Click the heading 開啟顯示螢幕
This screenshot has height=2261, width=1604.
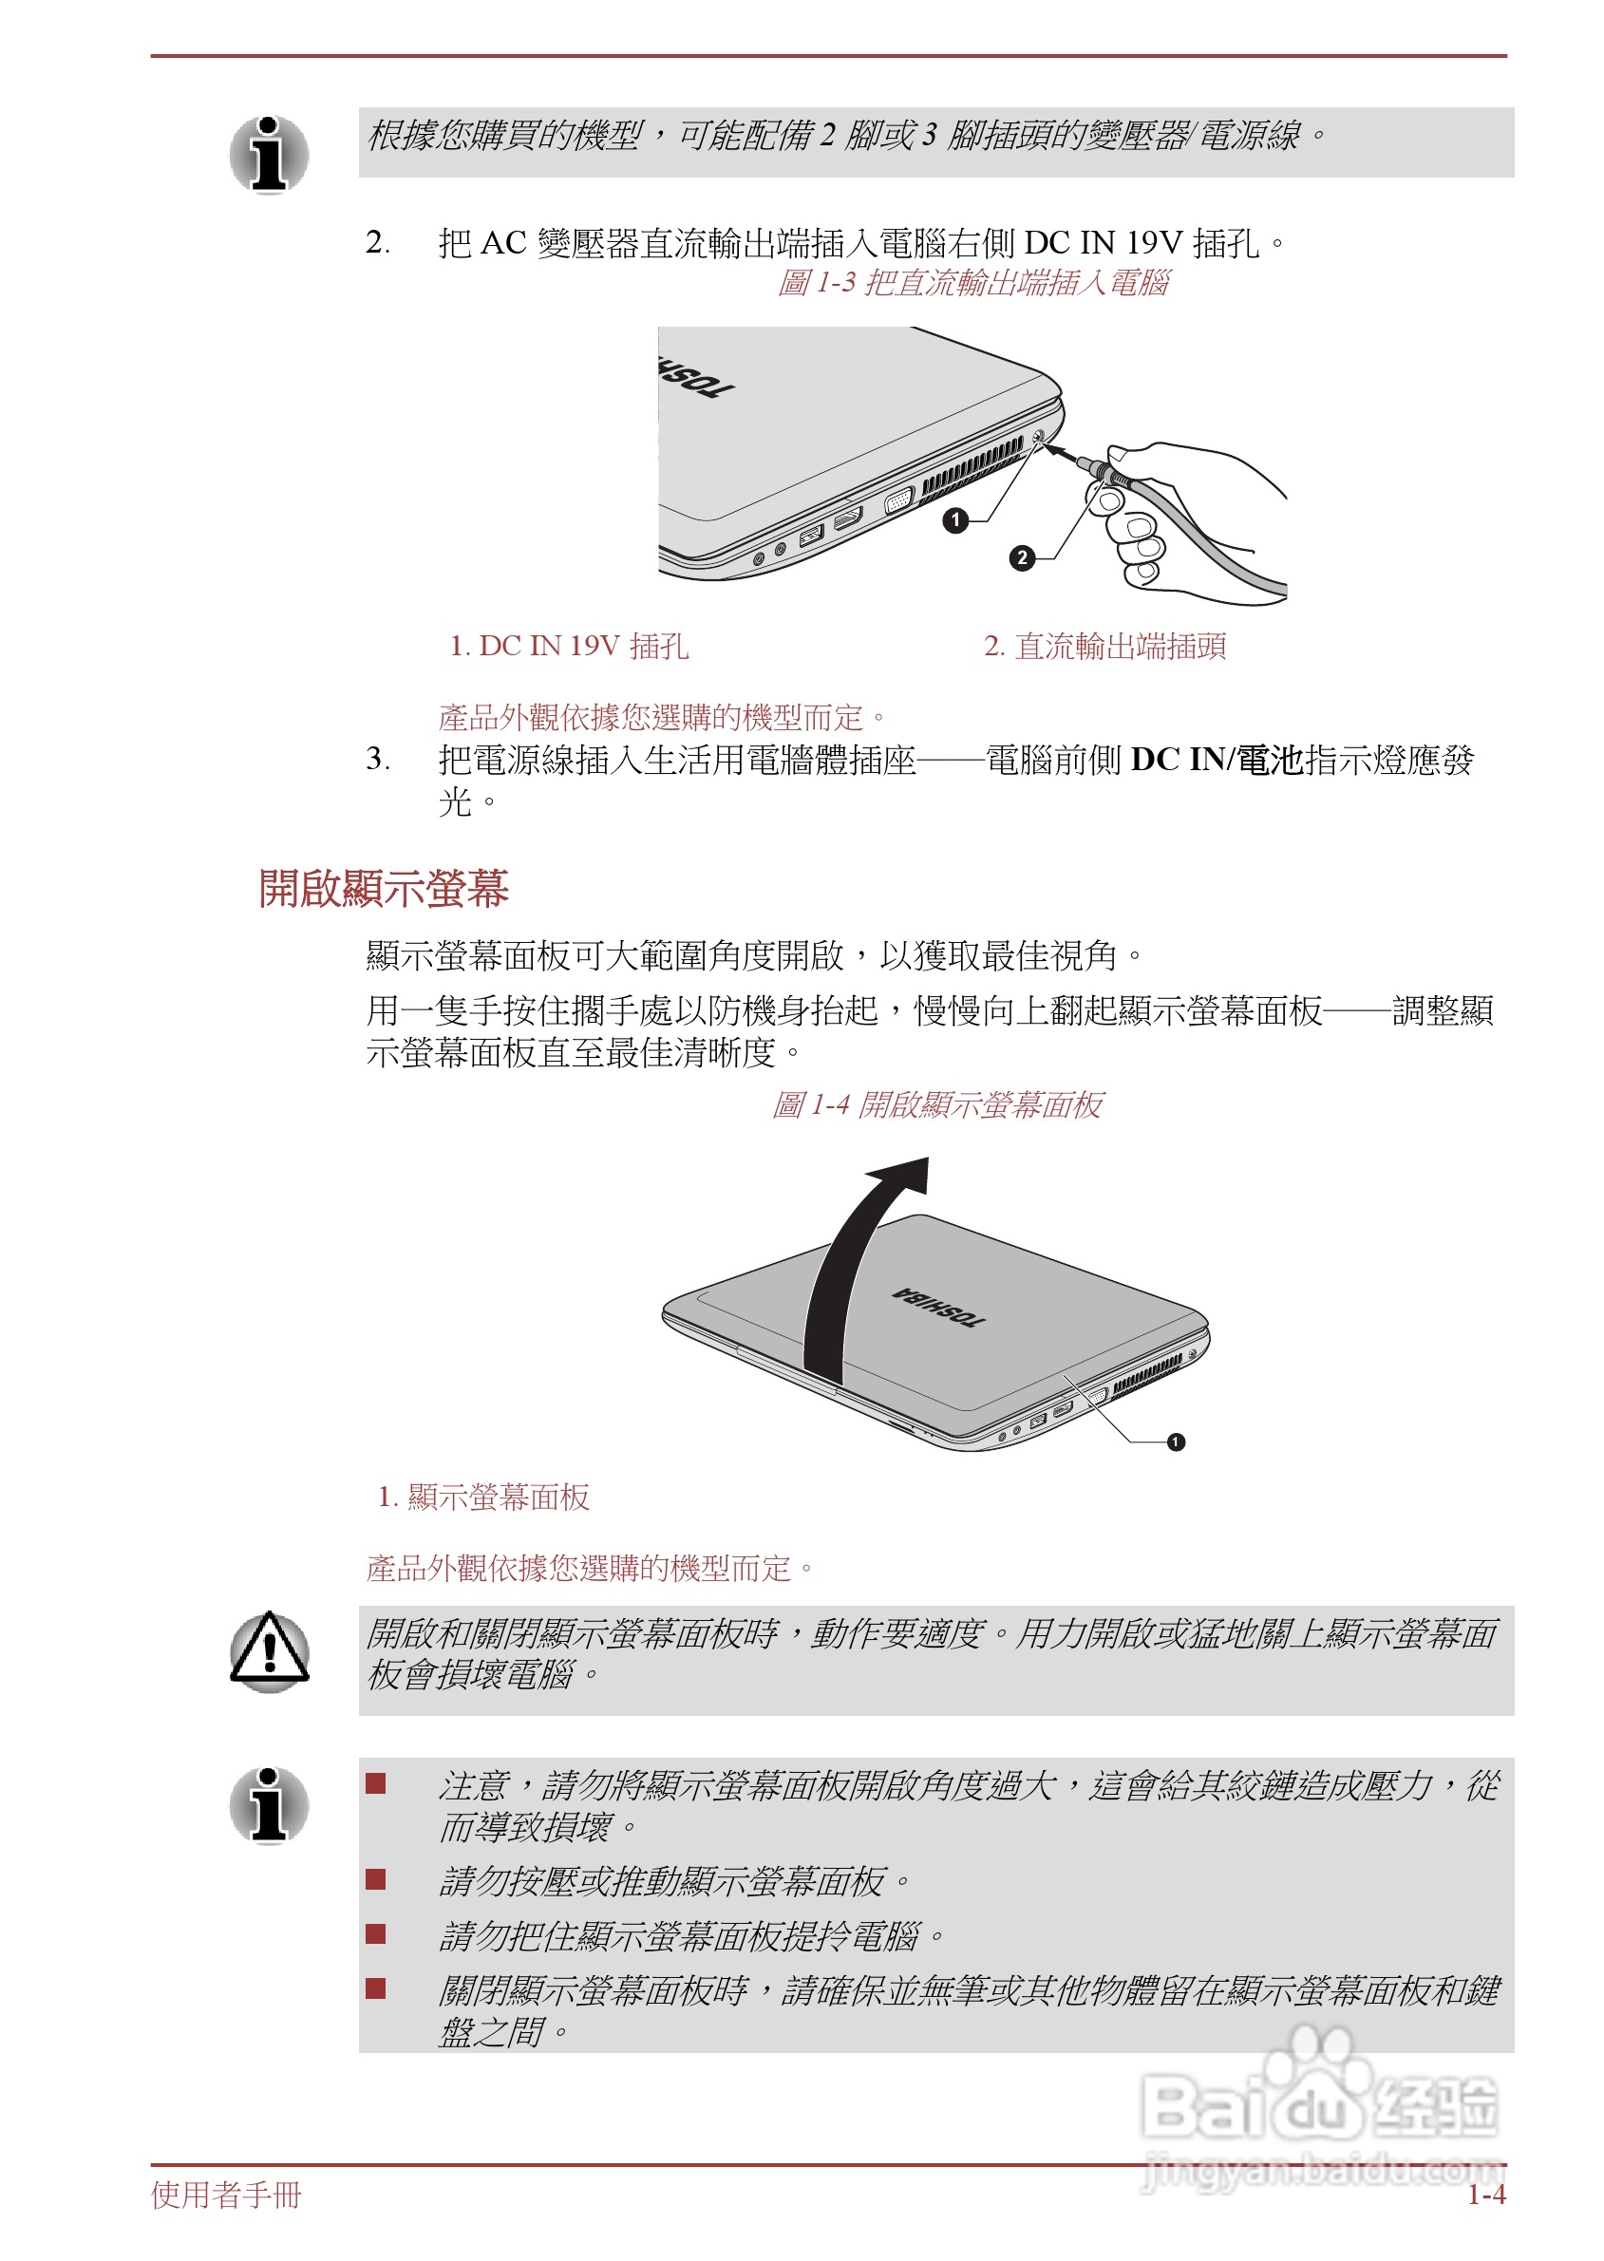(x=384, y=888)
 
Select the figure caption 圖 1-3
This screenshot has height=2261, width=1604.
(x=972, y=283)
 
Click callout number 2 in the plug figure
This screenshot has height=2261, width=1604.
(x=1022, y=557)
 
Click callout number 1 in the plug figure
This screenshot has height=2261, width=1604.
(x=955, y=519)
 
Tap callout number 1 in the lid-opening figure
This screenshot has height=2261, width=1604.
(x=1176, y=1441)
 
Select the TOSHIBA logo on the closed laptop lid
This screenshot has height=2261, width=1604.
(x=938, y=1306)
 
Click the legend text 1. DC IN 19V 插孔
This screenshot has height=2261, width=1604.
(x=569, y=646)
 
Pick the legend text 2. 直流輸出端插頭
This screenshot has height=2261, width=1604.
(x=1104, y=646)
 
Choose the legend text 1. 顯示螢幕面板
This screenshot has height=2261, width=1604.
(x=484, y=1497)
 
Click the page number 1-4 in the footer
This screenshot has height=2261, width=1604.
(x=1485, y=2195)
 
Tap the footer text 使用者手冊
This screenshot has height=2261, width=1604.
(x=226, y=2195)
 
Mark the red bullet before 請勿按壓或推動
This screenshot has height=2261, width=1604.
(x=375, y=1879)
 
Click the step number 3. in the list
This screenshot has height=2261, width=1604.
(x=377, y=759)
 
